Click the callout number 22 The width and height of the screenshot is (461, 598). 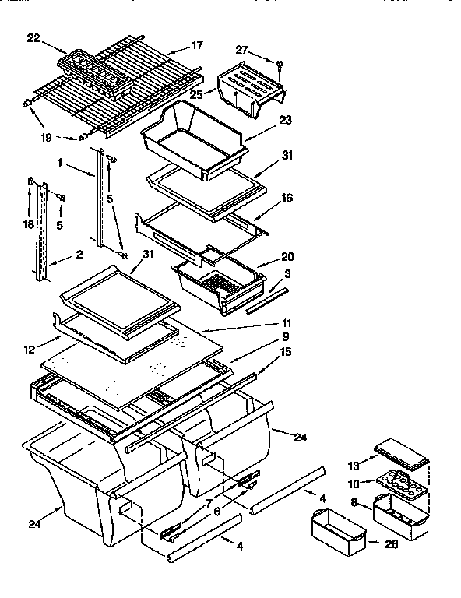[x=32, y=37]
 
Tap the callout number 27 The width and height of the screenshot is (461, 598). [x=243, y=51]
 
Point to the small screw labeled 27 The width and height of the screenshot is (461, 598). [x=278, y=62]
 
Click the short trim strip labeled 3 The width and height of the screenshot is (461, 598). [x=266, y=299]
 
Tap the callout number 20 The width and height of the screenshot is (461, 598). [x=266, y=257]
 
